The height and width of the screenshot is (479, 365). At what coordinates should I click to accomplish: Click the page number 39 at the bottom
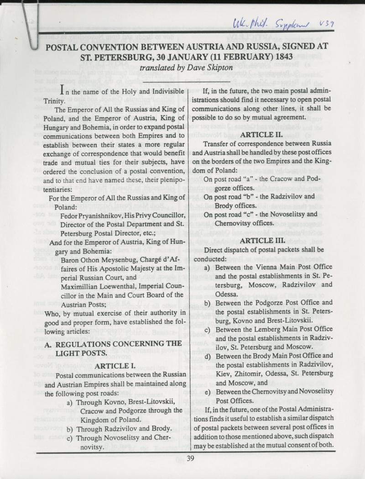190,459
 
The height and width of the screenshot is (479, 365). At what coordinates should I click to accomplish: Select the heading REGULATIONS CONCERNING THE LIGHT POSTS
109,347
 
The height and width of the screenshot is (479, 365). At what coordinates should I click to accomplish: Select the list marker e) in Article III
208,392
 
